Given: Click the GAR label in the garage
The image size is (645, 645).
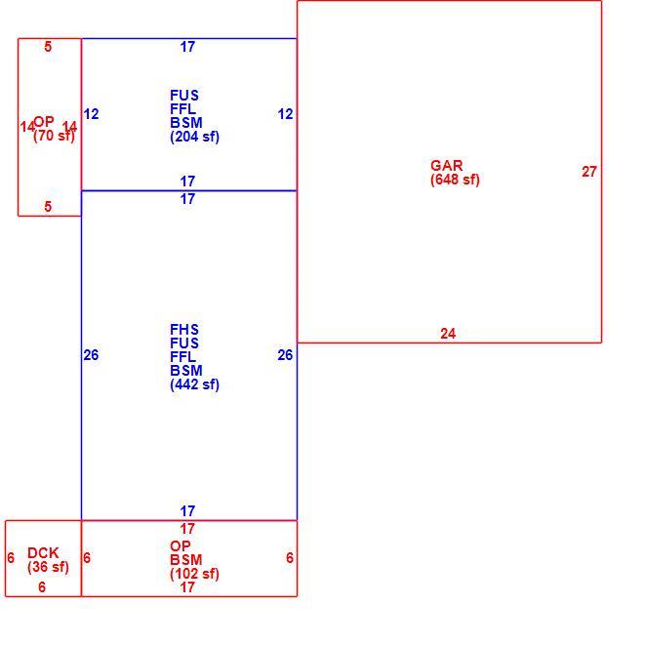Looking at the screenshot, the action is point(446,165).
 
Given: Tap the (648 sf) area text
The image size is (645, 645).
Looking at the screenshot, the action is point(455,180).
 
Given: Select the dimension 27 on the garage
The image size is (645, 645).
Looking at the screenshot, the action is point(589,172).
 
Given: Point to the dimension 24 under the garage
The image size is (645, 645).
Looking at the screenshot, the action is point(448,333).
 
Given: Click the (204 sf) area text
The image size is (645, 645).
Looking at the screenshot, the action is point(194,137).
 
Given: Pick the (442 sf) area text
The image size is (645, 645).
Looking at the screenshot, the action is point(194,384).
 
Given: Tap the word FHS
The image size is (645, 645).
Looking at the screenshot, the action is point(184,330).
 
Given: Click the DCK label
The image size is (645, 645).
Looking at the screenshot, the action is point(43,553).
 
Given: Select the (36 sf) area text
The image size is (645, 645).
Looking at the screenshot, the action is point(48,567).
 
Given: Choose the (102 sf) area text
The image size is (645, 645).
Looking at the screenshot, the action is point(194,574).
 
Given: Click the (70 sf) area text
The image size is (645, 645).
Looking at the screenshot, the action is point(54,136).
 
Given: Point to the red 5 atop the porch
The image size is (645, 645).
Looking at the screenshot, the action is point(48,47).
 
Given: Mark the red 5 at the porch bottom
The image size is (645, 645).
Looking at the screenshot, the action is point(48,206).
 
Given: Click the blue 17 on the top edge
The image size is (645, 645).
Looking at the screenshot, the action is point(187,47).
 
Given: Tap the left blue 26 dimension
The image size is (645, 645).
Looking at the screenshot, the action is point(91,355).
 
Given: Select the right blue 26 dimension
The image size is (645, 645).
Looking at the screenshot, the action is point(285,355).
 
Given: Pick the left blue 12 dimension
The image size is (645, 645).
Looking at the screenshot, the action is point(92,114).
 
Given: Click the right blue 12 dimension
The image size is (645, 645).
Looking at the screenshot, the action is point(286,114).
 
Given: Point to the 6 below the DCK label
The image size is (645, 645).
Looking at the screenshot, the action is point(42,587).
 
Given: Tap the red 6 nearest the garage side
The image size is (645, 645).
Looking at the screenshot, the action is point(290,558).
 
